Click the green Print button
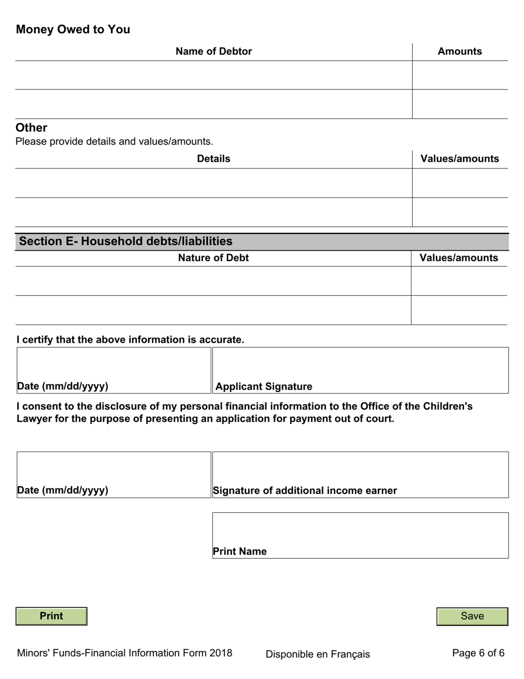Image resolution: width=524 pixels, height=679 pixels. (51, 616)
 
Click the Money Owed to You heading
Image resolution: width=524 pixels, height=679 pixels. (73, 30)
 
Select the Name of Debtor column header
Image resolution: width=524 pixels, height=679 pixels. (213, 51)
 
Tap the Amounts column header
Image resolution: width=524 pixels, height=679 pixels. (459, 51)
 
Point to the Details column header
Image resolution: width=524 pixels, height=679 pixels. (213, 159)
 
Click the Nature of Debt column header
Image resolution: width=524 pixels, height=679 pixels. (213, 258)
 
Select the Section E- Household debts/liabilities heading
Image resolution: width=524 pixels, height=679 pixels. (126, 241)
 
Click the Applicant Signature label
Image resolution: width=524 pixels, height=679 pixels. (264, 386)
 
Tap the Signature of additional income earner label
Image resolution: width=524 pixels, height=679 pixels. (304, 490)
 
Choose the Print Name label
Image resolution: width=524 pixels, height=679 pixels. (239, 551)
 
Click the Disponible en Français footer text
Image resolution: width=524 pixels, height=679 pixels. (318, 654)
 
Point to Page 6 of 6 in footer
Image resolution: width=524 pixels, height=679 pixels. (478, 653)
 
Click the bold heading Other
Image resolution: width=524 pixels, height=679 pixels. (31, 128)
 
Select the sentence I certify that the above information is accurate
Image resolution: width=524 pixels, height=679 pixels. (130, 339)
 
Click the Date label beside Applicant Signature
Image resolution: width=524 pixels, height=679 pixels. (62, 386)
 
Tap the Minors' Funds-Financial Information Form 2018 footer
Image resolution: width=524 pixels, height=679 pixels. (125, 653)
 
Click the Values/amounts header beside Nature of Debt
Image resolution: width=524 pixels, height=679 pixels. (459, 258)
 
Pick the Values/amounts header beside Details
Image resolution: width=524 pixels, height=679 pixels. (459, 159)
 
